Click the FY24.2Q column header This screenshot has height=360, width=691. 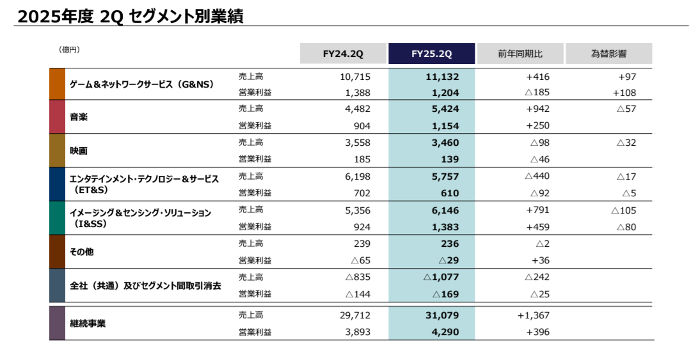343,54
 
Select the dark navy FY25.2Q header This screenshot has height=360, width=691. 431,54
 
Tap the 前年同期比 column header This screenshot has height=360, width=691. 520,54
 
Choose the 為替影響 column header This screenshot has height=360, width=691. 608,54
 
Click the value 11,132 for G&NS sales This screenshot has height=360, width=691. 442,77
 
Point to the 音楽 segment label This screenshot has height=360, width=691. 79,117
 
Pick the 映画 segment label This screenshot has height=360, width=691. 79,151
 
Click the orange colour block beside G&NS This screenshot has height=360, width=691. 57,84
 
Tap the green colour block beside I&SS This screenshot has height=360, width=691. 57,218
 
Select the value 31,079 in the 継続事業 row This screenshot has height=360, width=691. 442,315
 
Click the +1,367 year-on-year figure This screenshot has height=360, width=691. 534,315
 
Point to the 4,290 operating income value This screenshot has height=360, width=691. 445,332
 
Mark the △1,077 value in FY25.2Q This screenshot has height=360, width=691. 441,278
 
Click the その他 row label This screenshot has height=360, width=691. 81,252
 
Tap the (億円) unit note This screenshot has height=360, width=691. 69,49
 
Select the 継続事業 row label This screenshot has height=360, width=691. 88,324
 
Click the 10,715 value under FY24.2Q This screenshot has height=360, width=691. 356,77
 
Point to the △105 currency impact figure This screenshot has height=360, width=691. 623,210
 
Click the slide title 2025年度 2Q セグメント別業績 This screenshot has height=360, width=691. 131,16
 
